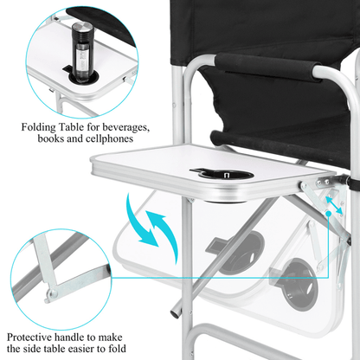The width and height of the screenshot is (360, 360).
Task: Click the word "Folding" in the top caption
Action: pos(38,127)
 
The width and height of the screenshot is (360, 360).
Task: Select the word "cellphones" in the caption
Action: pos(109,138)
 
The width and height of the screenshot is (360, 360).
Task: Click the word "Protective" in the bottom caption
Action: pos(29,337)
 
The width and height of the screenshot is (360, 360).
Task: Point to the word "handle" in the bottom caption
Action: pos(68,337)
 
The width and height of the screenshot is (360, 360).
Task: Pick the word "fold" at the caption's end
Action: pos(117,349)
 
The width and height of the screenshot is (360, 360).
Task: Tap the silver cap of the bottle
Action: pos(82,27)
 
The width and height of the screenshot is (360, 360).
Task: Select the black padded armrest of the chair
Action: pos(267,67)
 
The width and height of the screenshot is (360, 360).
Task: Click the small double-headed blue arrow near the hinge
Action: pos(334,205)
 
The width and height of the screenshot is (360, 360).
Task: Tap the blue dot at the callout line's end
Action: pos(328,213)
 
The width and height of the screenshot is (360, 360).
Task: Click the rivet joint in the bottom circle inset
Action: pos(54,293)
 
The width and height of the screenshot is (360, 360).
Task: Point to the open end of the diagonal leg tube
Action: pos(175,313)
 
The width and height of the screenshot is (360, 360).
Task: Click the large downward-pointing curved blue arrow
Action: pos(140,221)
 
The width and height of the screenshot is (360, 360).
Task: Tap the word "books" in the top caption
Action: pos(51,138)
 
